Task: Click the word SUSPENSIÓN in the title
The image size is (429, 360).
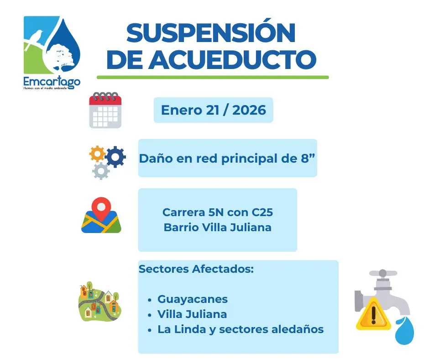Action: point(210,33)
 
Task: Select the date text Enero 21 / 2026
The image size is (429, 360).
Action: point(213,110)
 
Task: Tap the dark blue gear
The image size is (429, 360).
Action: point(115,157)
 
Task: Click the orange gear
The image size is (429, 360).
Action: point(97,154)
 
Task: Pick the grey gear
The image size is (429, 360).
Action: point(100,171)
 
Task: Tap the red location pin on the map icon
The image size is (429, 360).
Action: point(101,208)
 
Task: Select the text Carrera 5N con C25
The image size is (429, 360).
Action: point(217,212)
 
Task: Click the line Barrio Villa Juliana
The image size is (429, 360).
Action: point(217,227)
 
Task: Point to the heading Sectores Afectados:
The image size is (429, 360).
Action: point(196,269)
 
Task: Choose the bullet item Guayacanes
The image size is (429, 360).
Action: point(192,299)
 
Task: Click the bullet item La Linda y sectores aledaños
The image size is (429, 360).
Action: point(240,329)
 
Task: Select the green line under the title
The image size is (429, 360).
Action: point(213,77)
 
